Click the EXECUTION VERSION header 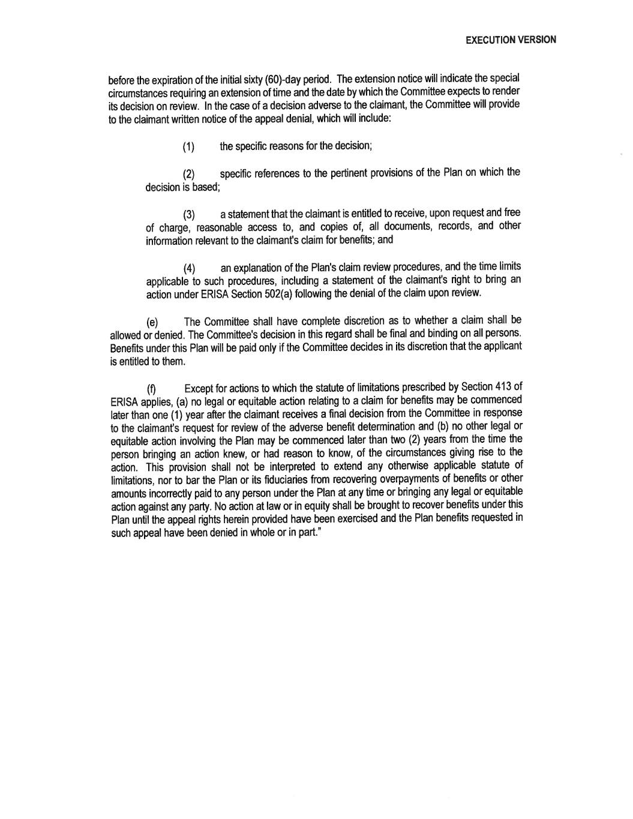(511, 40)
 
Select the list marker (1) (188, 148)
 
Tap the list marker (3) (189, 215)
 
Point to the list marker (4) (189, 268)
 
